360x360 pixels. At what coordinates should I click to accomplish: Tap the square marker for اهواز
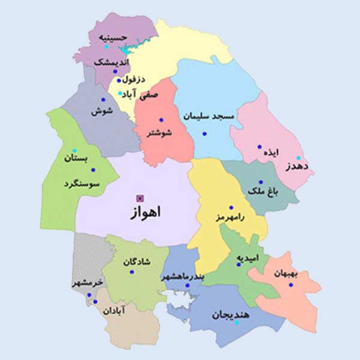[140, 197]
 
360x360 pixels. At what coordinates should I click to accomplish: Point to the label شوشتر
[158, 133]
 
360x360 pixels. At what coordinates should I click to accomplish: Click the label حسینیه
[115, 37]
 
